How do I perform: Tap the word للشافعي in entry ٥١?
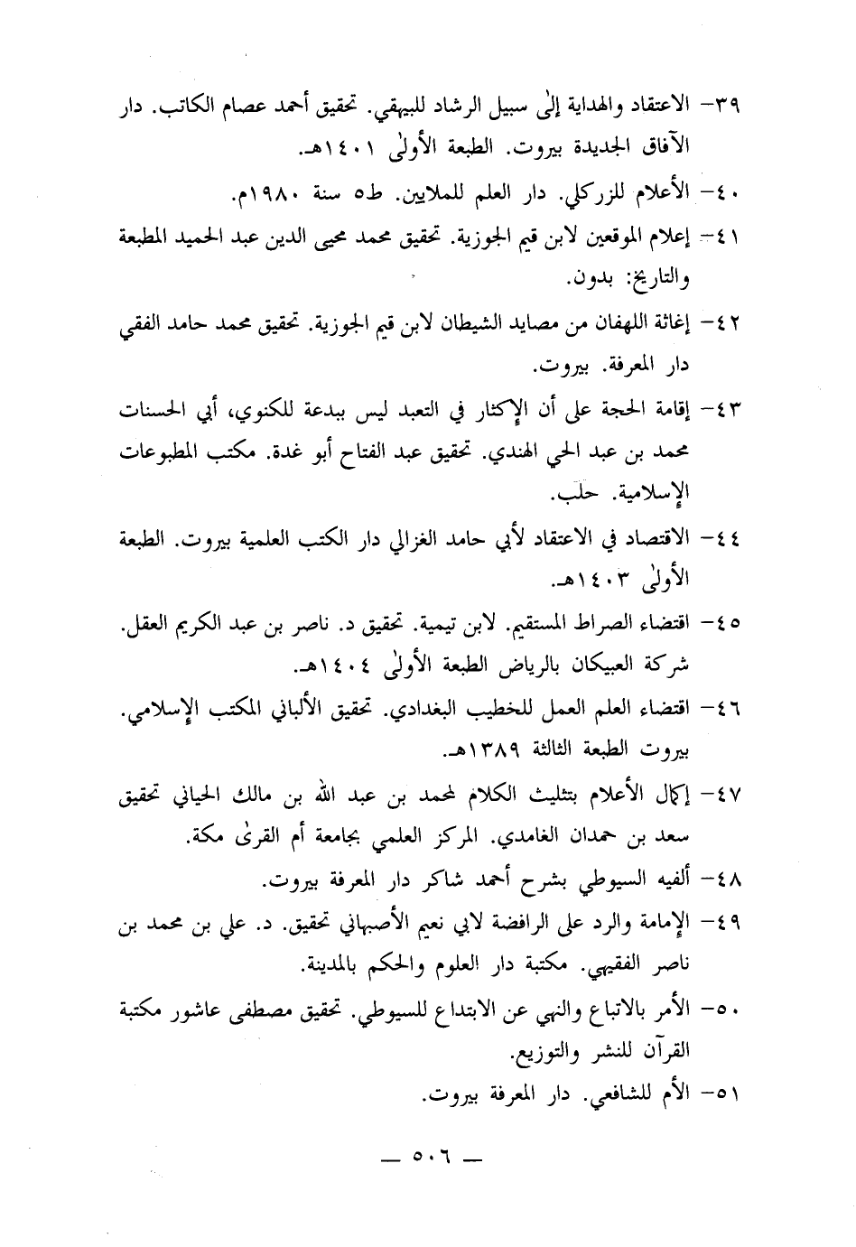pyautogui.click(x=615, y=1093)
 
